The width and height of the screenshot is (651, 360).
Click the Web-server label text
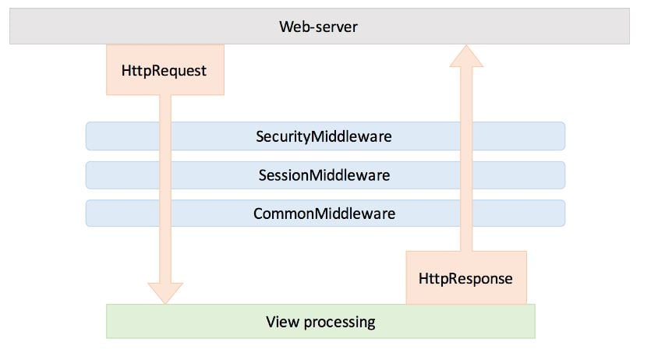point(318,26)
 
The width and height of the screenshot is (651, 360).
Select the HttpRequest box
point(165,70)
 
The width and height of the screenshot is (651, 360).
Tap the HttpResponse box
point(465,277)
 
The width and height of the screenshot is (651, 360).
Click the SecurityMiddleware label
point(324,136)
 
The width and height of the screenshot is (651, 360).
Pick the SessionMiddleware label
point(324,175)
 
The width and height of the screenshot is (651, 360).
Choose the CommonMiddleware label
point(324,213)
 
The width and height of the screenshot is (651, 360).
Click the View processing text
point(320,321)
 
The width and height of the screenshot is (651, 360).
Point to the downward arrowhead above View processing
point(165,291)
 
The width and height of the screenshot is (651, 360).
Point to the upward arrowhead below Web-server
point(466,57)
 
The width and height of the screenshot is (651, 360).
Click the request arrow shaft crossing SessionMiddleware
point(165,175)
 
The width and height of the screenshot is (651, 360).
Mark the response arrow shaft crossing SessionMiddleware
point(466,175)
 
